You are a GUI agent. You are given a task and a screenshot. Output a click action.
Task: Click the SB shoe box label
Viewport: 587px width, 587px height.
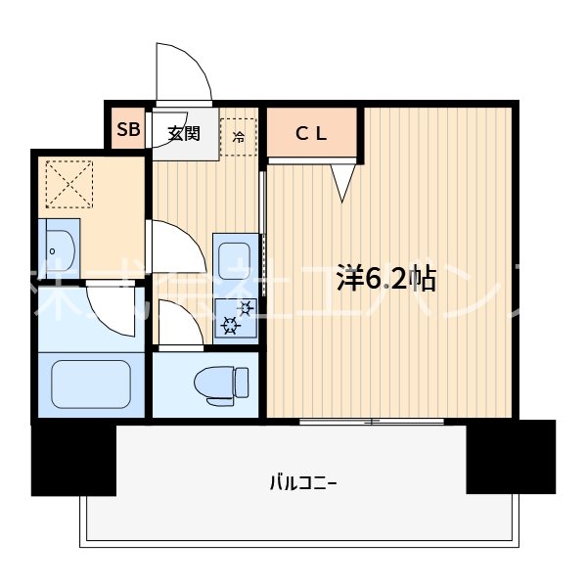[x=128, y=130]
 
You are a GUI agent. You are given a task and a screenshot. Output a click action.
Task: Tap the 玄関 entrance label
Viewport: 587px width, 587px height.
[x=182, y=134]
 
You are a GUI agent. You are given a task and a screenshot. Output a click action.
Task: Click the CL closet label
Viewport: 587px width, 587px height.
[x=312, y=136]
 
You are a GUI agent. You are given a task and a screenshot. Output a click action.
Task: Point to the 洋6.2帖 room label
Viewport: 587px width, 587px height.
[x=386, y=280]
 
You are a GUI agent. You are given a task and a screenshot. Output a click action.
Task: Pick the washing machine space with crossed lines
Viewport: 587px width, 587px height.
[x=68, y=183]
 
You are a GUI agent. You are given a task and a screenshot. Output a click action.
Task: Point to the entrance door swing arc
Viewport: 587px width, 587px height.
[x=184, y=70]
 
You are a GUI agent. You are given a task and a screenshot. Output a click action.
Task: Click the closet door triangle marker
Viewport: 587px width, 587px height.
[x=341, y=182]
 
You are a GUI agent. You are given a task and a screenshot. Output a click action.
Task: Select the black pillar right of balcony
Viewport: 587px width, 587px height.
[x=510, y=456]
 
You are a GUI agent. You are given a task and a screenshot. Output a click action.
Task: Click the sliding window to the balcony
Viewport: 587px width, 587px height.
[x=372, y=422]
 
